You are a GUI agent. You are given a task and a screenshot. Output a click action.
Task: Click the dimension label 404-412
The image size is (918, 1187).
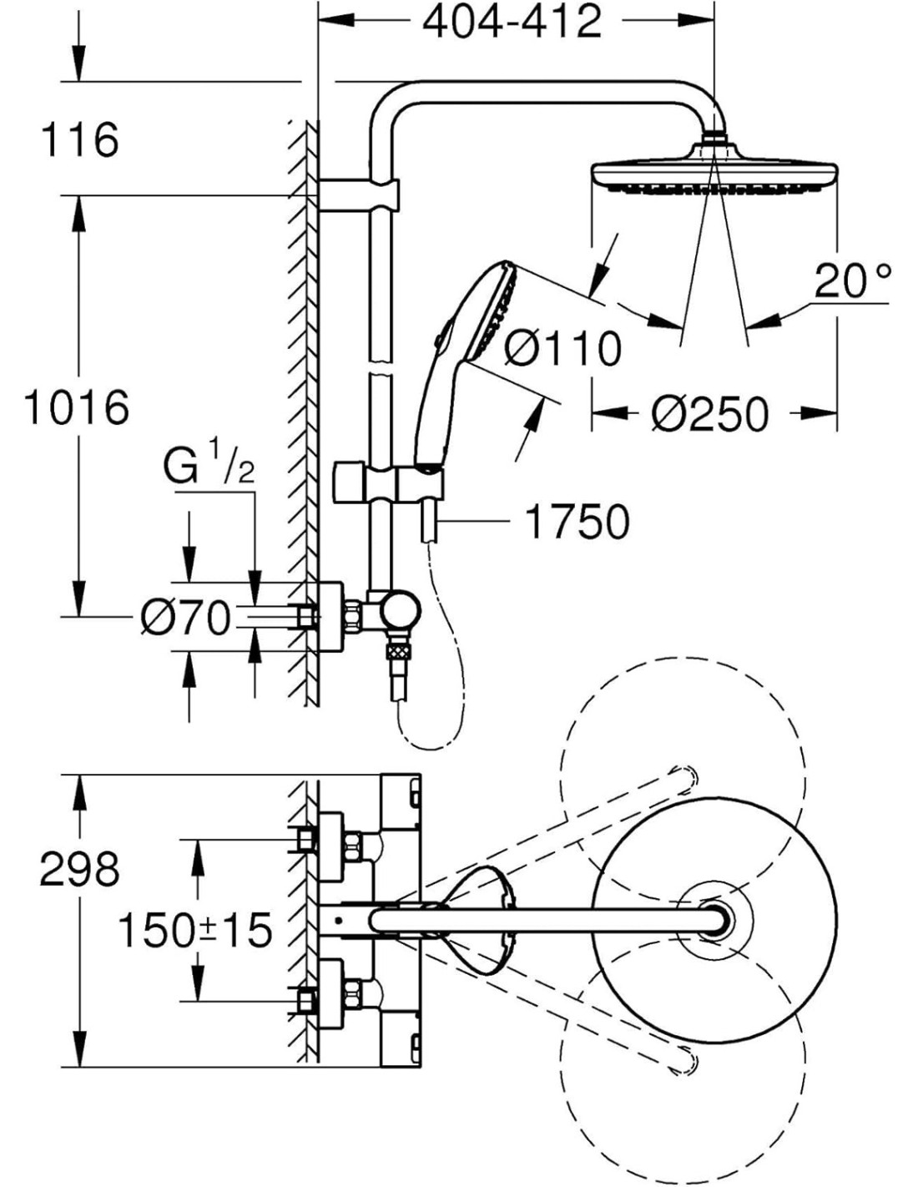pyautogui.click(x=512, y=23)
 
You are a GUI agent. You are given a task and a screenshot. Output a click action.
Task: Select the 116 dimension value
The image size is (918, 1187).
pyautogui.click(x=80, y=139)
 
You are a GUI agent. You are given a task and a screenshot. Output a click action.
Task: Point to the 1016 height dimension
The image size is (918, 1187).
pyautogui.click(x=77, y=407)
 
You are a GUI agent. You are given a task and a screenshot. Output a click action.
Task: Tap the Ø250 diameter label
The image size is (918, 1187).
pyautogui.click(x=709, y=414)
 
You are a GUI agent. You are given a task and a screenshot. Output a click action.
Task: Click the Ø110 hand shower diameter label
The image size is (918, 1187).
pyautogui.click(x=563, y=347)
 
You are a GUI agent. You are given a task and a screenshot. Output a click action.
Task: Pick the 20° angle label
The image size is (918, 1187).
pyautogui.click(x=852, y=281)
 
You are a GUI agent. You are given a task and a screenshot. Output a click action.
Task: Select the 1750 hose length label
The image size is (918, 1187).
pyautogui.click(x=577, y=523)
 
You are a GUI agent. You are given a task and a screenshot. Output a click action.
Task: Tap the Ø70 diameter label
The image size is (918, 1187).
pyautogui.click(x=184, y=619)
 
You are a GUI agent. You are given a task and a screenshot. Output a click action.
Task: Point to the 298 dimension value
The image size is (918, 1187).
pyautogui.click(x=80, y=870)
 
